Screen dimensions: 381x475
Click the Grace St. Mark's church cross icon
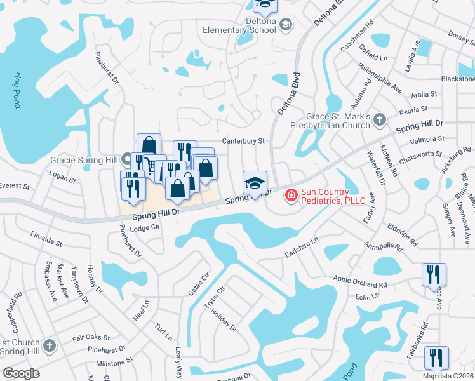[379, 119]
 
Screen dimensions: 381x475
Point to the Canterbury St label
[242, 141]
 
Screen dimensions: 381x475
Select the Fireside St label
[46, 239]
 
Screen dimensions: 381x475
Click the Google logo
[21, 373]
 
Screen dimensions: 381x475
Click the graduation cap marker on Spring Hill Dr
[255, 183]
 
